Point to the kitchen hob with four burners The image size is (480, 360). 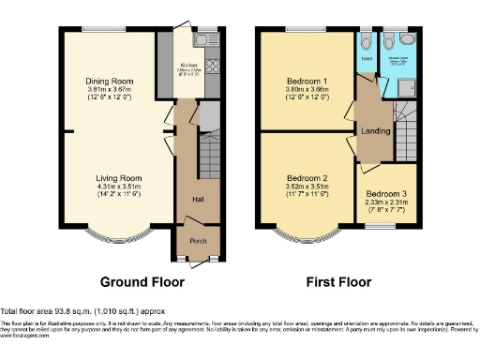pyautogui.click(x=211, y=67)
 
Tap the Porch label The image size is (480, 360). pyautogui.click(x=198, y=241)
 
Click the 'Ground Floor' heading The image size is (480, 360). pyautogui.click(x=142, y=281)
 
